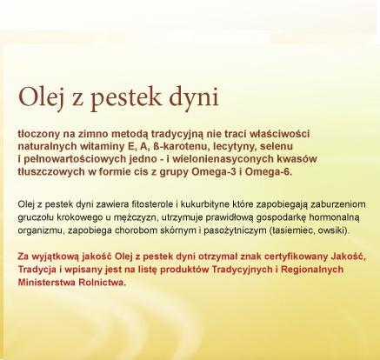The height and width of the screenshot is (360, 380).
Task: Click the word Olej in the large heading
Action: point(41,97)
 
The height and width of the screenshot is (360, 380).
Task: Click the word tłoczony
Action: point(38,134)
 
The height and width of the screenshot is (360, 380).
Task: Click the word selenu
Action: point(277,146)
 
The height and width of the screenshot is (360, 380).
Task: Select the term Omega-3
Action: point(214,172)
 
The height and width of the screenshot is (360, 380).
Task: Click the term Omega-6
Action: point(268,172)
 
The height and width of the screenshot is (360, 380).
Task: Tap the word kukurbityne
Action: point(205,204)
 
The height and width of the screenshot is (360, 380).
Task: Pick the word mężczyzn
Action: point(135,217)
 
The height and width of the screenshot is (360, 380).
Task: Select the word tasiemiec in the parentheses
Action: point(293,230)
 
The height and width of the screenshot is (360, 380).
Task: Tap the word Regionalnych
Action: point(312,270)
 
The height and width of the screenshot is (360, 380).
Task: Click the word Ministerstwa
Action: point(47,283)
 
